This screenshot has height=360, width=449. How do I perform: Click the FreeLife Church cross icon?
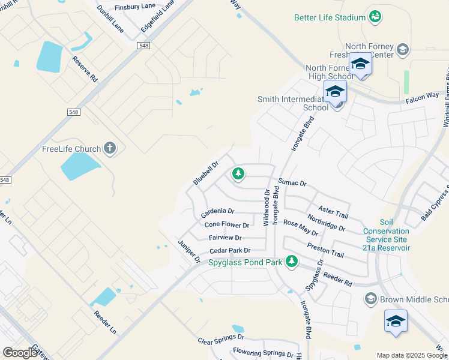(109, 148)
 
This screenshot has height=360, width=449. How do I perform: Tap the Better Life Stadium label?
(330, 17)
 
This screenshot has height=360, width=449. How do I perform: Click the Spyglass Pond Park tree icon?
(292, 261)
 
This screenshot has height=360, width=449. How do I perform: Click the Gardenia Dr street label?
(217, 212)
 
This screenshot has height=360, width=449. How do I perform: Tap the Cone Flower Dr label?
(227, 225)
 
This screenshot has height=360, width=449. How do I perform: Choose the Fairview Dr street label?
(225, 238)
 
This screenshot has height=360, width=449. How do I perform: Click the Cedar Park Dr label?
(229, 251)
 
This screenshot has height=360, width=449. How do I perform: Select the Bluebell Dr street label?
(206, 172)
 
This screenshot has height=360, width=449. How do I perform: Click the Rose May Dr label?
(300, 227)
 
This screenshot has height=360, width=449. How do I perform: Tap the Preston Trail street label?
(325, 249)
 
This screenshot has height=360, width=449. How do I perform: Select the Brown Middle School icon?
(370, 299)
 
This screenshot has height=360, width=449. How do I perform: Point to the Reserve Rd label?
(85, 69)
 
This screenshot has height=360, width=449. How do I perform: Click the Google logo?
(20, 353)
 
